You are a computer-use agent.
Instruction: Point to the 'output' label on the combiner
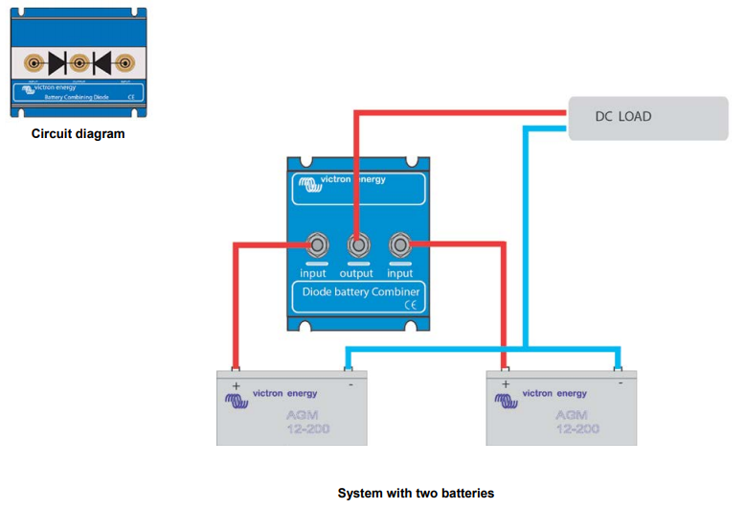tap(356, 273)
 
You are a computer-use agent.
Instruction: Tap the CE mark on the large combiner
tap(410, 306)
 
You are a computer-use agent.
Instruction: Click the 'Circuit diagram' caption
tap(78, 134)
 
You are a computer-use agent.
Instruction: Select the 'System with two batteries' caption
tap(416, 493)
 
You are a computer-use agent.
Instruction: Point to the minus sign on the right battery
tap(621, 382)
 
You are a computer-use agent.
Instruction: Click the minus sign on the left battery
tap(350, 383)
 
